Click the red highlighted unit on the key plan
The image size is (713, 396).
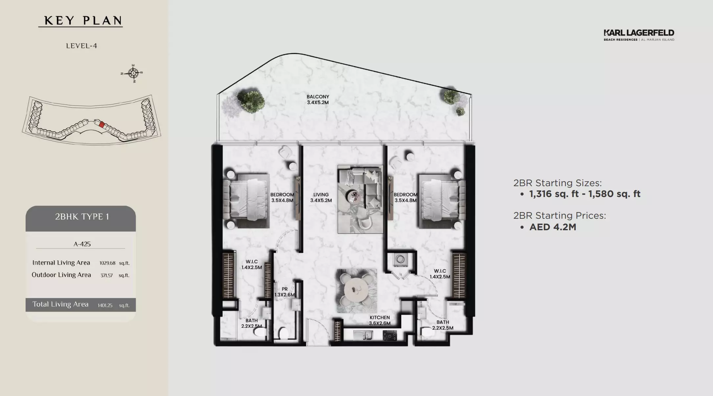(102, 125)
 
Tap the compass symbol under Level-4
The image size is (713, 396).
(133, 73)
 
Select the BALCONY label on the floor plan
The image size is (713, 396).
(318, 99)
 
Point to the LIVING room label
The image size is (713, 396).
(321, 197)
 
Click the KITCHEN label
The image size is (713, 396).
(379, 320)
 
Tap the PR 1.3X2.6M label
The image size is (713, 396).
(285, 292)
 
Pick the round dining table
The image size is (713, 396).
(356, 291)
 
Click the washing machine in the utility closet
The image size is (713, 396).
(401, 260)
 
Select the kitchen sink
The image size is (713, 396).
(363, 335)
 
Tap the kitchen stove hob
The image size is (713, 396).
(390, 335)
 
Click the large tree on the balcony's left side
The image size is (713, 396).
(251, 100)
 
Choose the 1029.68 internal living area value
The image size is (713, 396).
(107, 263)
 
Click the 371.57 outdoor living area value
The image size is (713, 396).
(107, 275)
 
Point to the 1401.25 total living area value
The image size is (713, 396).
(105, 305)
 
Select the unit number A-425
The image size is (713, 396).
(82, 244)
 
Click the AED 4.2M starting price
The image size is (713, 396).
(553, 227)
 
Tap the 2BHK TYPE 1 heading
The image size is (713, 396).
(82, 216)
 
